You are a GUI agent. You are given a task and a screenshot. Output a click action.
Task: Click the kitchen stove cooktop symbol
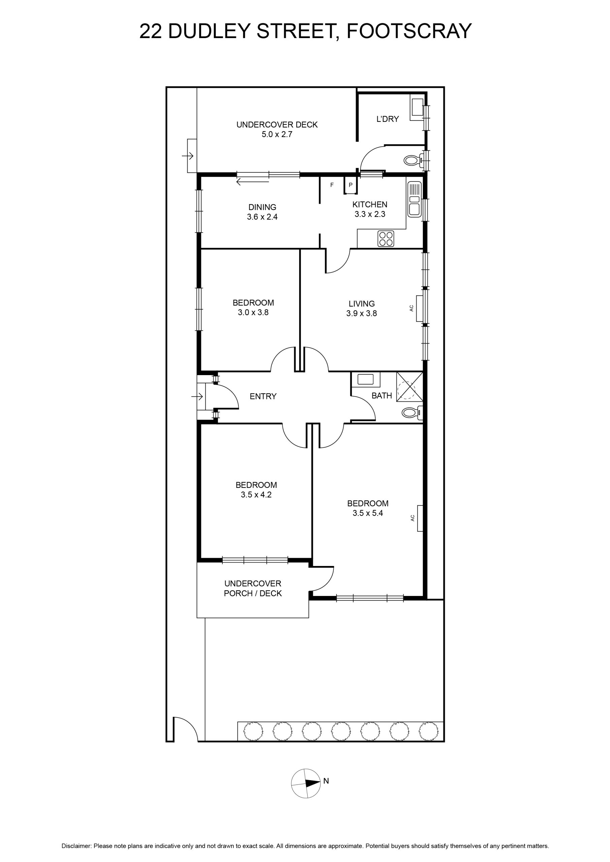point(386,239)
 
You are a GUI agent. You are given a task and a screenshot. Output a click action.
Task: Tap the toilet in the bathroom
point(412,413)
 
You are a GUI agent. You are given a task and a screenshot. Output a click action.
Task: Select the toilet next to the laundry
point(414,160)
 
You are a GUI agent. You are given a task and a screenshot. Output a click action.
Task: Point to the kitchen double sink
point(415,199)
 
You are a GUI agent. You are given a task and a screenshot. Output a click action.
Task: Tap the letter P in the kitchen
point(350,185)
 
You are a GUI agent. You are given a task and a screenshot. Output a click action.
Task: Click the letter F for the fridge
point(332,185)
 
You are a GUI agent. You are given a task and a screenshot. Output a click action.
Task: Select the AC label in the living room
point(411,308)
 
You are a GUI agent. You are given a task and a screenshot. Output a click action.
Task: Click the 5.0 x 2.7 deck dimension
point(277,134)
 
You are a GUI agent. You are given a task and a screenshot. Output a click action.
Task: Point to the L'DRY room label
point(388,119)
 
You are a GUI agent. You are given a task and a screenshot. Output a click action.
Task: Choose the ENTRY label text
point(263,396)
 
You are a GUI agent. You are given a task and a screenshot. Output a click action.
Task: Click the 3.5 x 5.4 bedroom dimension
point(368,513)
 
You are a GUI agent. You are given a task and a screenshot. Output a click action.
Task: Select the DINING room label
point(262,207)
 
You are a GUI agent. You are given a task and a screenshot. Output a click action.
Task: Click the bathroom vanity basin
point(365,379)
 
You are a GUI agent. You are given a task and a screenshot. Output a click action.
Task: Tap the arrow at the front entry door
point(197,396)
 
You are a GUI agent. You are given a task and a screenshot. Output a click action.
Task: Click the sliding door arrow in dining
point(252,183)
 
